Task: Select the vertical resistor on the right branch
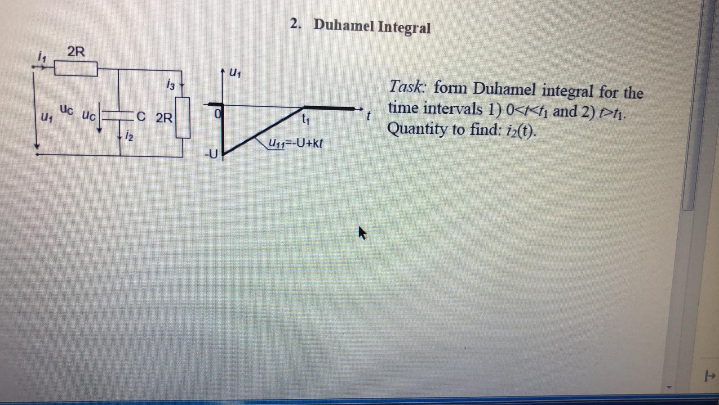[x=183, y=117]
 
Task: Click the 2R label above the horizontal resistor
[x=75, y=52]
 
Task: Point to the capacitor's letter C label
[x=141, y=117]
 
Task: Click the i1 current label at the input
[x=42, y=57]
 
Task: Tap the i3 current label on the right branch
[x=170, y=84]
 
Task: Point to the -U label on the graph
[x=210, y=155]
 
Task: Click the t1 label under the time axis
[x=306, y=119]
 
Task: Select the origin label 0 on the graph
[x=217, y=115]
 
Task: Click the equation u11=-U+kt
[x=295, y=144]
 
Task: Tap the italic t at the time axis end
[x=368, y=116]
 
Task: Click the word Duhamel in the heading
[x=343, y=25]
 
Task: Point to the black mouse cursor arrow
[x=362, y=233]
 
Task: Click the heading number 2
[x=295, y=24]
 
